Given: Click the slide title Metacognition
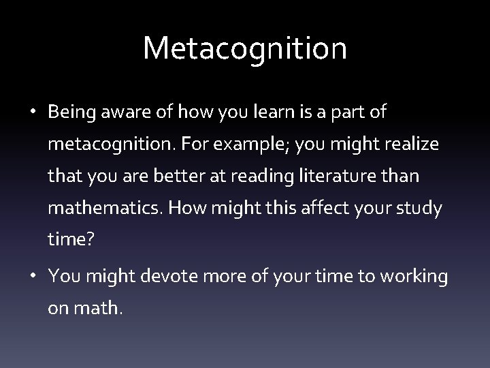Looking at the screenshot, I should click(245, 48).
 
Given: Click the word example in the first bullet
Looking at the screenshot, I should click(247, 145).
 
